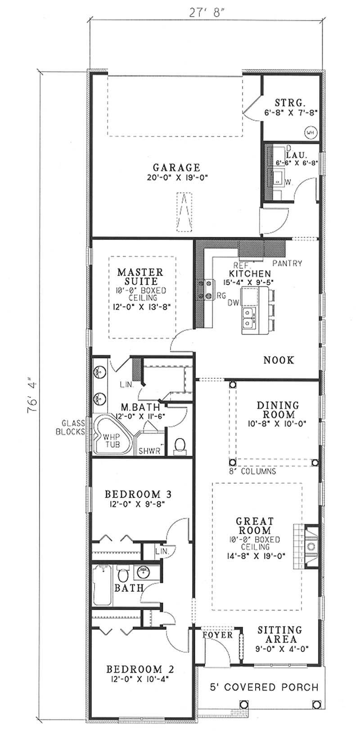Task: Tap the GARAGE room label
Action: pos(175,167)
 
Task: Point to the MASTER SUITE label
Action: pos(140,277)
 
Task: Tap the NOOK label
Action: pos(279,360)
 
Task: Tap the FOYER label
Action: pos(217,635)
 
